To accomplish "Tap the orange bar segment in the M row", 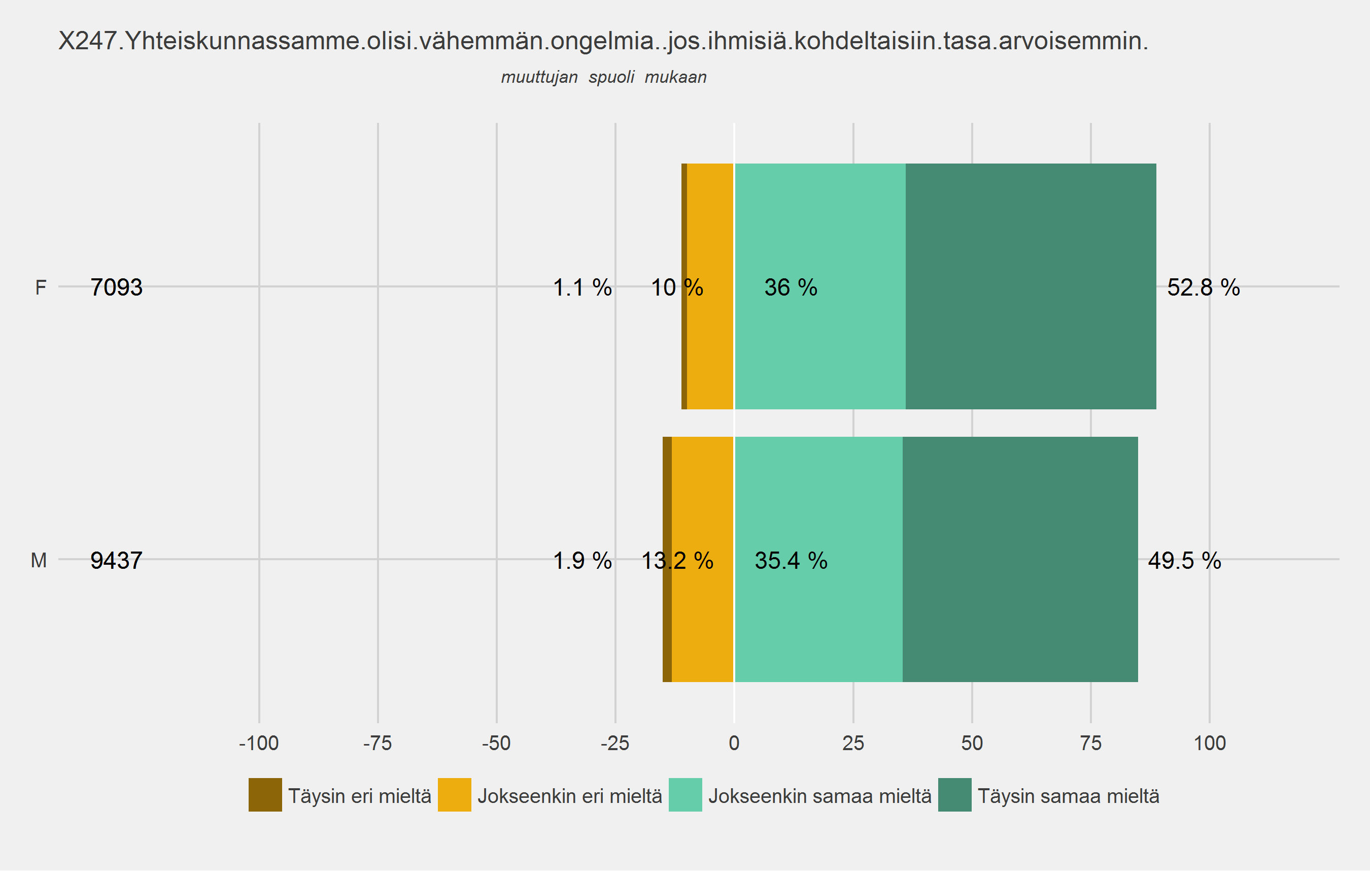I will pos(702,615).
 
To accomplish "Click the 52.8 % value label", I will pos(1203,287).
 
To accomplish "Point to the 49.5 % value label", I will pos(1184,561).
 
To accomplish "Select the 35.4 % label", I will pos(791,561).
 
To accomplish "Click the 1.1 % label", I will pos(582,287).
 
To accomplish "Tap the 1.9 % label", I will pos(582,561).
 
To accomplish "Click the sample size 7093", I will pos(116,287).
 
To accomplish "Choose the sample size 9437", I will pos(116,561).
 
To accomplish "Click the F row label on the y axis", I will pos(41,287).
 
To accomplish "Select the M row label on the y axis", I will pos(39,561).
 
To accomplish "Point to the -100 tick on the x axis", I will pos(259,743).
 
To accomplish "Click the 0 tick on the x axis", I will pos(734,743).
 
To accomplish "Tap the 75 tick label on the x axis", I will pos(1090,743).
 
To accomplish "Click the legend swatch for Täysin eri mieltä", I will pos(265,795).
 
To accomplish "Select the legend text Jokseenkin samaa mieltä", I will pos(819,796).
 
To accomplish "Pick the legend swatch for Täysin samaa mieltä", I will pos(954,795).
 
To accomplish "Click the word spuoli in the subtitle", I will pos(611,77).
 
